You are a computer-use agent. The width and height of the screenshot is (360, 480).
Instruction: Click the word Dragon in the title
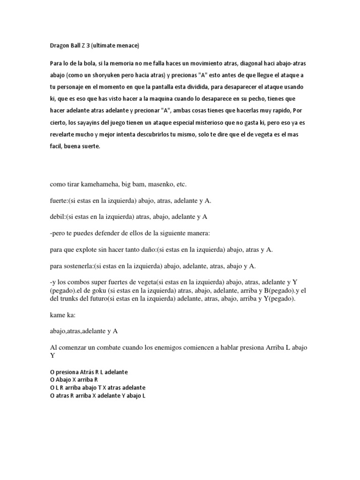pyautogui.click(x=60, y=46)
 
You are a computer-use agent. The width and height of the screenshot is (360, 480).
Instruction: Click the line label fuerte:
pyautogui.click(x=59, y=201)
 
